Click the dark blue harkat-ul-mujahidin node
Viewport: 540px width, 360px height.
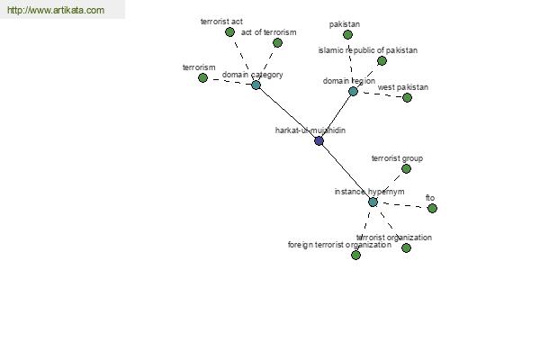(319, 140)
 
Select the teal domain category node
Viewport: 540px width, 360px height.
(256, 85)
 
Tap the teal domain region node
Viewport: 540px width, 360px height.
(353, 91)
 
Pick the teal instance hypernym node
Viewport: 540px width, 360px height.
(373, 202)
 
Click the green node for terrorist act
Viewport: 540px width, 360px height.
(229, 32)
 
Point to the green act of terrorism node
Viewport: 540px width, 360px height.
(277, 42)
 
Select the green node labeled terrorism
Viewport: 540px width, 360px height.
(202, 78)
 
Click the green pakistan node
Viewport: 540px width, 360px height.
(347, 34)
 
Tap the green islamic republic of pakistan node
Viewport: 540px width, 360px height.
(382, 61)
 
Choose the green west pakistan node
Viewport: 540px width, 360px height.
(407, 98)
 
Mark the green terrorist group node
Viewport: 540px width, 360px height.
(407, 169)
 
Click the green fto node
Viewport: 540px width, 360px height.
(432, 209)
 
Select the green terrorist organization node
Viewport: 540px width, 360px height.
(407, 248)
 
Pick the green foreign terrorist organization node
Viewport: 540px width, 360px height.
(355, 255)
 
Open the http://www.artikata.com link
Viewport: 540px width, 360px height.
(56, 10)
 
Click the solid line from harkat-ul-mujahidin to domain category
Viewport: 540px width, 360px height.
(287, 113)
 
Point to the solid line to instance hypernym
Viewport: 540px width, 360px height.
(346, 172)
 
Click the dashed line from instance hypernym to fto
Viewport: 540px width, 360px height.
(402, 205)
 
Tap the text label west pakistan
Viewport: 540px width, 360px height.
(403, 87)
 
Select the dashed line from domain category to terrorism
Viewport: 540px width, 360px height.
(229, 81)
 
